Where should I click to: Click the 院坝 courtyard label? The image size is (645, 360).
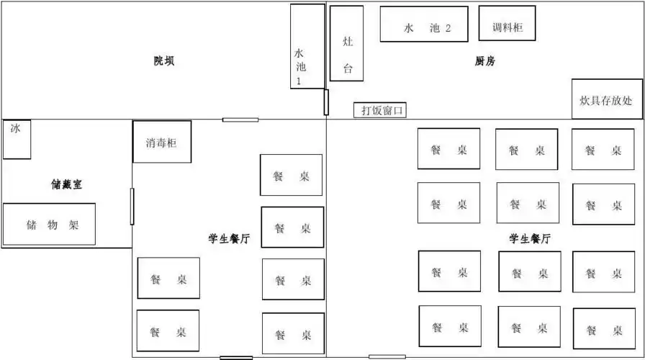tap(164, 61)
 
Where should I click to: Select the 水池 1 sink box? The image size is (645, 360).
tap(307, 46)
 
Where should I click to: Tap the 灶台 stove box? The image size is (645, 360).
tap(346, 43)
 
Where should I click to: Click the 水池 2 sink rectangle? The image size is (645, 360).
tap(424, 24)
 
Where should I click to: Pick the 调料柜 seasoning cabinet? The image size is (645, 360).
tap(507, 24)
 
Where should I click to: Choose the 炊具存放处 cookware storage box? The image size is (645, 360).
tap(607, 99)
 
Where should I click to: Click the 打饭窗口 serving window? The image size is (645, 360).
tap(380, 110)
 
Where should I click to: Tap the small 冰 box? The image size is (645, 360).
tap(17, 139)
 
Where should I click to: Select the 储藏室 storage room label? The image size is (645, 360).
tap(66, 184)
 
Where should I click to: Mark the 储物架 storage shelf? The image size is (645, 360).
tap(50, 224)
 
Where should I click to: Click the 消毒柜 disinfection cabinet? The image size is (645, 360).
tap(161, 141)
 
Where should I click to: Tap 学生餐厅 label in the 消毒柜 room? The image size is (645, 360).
tap(228, 239)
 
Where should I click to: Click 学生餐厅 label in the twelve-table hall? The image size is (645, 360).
tap(531, 239)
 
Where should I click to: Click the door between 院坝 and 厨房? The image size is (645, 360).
tap(326, 102)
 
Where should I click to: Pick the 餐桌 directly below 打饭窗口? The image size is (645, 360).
tap(448, 149)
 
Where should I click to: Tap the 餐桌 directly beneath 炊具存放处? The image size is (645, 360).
tap(603, 150)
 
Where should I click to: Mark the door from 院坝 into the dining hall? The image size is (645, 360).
tap(240, 120)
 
